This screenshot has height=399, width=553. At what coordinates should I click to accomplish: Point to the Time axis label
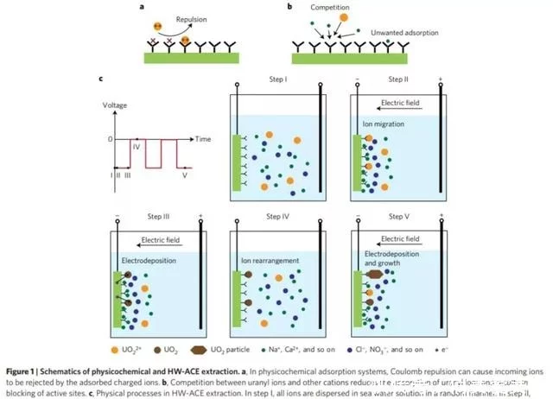pos(203,138)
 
